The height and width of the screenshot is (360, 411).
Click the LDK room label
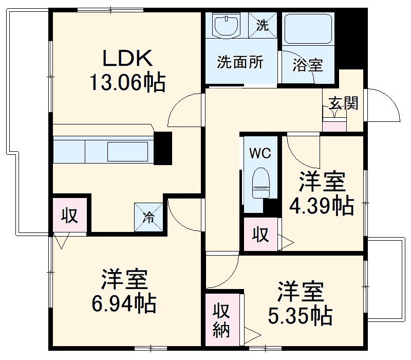[x=128, y=58]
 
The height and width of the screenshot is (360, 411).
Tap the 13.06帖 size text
[x=128, y=82]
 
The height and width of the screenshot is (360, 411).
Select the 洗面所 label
[x=240, y=62]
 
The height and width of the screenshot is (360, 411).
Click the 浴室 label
[x=308, y=65]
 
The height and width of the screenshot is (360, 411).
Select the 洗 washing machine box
[x=263, y=25]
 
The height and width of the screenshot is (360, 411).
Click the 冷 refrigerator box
[x=148, y=217]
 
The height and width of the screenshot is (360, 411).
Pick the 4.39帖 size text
[x=322, y=206]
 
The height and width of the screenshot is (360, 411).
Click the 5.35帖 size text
[x=300, y=315]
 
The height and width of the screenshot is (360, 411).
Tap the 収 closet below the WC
[x=260, y=235]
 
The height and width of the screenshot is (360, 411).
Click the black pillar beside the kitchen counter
[x=163, y=148]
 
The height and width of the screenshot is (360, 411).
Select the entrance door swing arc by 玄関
[x=385, y=105]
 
